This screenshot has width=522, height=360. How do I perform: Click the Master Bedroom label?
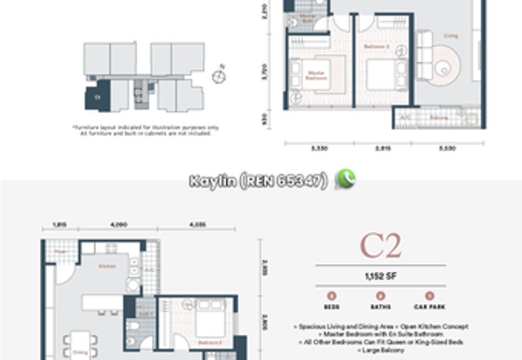pos(316,76)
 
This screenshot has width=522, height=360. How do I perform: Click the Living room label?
pos(450,36)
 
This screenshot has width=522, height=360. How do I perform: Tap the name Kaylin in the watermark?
pos(211,181)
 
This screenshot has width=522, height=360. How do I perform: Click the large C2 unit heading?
pos(380,246)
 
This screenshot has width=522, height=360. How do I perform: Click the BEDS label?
pos(331,307)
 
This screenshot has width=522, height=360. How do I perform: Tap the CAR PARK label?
pos(429,307)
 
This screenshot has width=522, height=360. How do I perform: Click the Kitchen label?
pos(107,266)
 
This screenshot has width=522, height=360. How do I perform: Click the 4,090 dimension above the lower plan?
pos(119,225)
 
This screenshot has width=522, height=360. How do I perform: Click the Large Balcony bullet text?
pos(381,350)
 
